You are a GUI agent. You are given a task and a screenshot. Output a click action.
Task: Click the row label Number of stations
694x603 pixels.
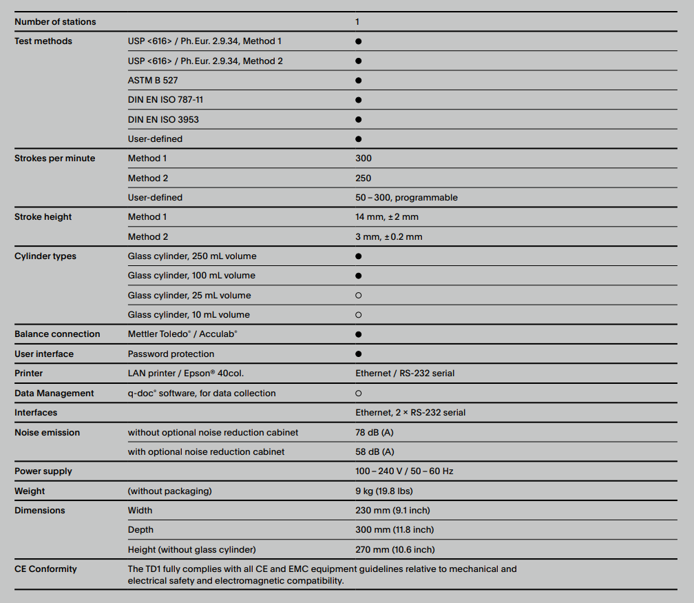pyautogui.click(x=55, y=22)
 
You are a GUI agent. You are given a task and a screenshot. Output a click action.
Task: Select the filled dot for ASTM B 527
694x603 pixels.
pyautogui.click(x=359, y=81)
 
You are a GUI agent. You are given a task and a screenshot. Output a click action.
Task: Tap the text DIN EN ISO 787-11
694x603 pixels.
pyautogui.click(x=165, y=100)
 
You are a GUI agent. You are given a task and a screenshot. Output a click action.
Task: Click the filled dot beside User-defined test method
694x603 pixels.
pyautogui.click(x=359, y=139)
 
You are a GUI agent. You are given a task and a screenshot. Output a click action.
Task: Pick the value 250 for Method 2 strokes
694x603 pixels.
pyautogui.click(x=364, y=178)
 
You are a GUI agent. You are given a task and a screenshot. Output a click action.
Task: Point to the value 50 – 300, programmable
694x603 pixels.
pyautogui.click(x=406, y=198)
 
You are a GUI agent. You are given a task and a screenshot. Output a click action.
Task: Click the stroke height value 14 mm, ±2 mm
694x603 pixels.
pyautogui.click(x=387, y=217)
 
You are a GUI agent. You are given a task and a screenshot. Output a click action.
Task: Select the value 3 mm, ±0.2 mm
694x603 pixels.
pyautogui.click(x=389, y=237)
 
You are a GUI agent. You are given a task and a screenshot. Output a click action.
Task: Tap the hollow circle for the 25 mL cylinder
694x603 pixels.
pyautogui.click(x=359, y=296)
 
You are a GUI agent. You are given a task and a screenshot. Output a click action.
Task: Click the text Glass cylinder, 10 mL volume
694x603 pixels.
pyautogui.click(x=189, y=315)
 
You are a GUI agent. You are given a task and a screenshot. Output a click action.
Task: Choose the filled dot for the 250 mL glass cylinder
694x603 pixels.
pyautogui.click(x=359, y=256)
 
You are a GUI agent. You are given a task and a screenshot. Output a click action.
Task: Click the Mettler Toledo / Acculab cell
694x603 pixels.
pyautogui.click(x=182, y=334)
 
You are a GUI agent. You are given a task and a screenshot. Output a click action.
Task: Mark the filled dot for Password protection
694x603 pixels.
pyautogui.click(x=359, y=354)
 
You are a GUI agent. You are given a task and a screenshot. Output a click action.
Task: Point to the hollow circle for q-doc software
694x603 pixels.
pyautogui.click(x=359, y=394)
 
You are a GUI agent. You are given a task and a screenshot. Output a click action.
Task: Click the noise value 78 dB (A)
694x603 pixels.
pyautogui.click(x=375, y=433)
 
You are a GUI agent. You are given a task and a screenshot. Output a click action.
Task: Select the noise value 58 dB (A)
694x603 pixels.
pyautogui.click(x=375, y=452)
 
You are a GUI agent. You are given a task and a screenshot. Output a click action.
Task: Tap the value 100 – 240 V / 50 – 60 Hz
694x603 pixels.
pyautogui.click(x=404, y=471)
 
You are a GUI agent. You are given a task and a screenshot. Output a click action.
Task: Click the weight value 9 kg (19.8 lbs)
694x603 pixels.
pyautogui.click(x=384, y=491)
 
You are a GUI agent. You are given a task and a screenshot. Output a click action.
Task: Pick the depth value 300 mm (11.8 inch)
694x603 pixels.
pyautogui.click(x=395, y=530)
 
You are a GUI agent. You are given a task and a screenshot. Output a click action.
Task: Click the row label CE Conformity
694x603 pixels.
pyautogui.click(x=45, y=569)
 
